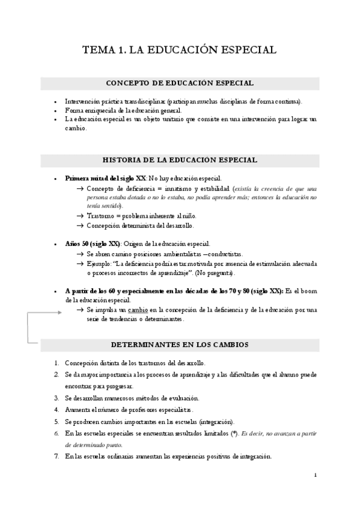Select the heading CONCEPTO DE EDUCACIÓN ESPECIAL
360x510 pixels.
[180, 83]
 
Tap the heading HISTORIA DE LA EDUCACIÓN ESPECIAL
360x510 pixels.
[180, 160]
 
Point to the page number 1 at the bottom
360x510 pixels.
[315, 475]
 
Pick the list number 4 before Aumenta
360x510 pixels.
[55, 409]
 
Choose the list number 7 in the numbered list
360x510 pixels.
[55, 456]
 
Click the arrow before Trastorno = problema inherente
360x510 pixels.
[80, 216]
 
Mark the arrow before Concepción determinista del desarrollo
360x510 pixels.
[80, 226]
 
